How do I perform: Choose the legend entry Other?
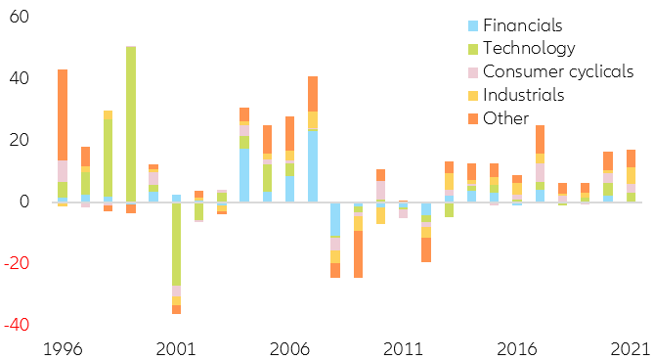507,118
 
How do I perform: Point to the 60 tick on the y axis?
21,18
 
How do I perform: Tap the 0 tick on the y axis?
26,202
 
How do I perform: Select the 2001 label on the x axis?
176,347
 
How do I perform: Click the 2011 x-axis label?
402,347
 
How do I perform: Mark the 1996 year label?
63,347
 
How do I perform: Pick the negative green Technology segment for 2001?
177,244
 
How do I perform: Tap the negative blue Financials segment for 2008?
335,219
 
